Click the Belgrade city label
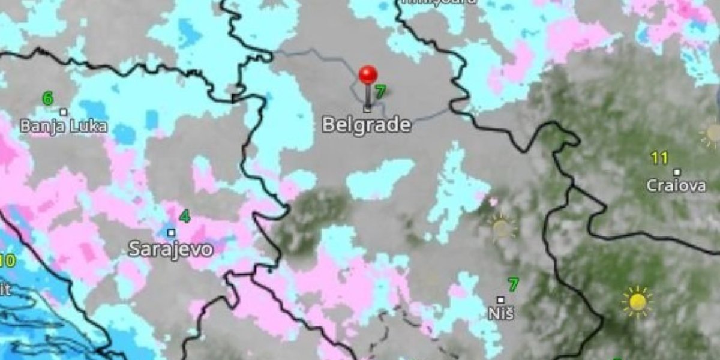point(367,125)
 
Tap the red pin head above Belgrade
point(368,76)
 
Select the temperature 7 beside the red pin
point(380,92)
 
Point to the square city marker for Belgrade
point(367,109)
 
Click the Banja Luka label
point(64,127)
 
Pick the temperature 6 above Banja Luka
point(48,98)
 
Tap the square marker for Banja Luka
point(63,112)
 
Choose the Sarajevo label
point(171,249)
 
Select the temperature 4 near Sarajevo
point(185,216)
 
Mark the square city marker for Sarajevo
point(171,232)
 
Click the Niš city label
point(500,314)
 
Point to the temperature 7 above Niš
point(513,284)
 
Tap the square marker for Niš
point(500,299)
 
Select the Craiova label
point(676,186)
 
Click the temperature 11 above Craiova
point(659,158)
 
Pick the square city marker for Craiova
point(677,172)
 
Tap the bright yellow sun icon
point(637,302)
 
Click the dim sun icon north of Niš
point(502,227)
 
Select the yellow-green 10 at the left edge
point(7,262)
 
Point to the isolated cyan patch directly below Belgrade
point(379,179)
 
